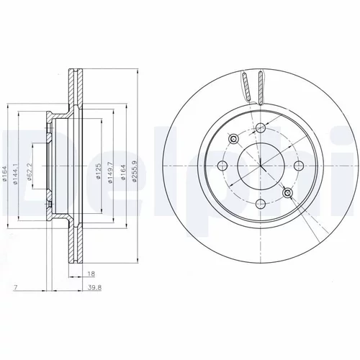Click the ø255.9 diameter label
tap(134, 171)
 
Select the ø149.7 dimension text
tap(110, 173)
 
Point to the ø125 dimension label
tap(98, 171)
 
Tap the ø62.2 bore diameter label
tap(30, 171)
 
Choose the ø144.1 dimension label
tap(16, 174)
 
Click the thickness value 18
tap(91, 274)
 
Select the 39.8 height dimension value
tap(94, 287)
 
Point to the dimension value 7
tap(15, 287)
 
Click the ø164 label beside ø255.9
tap(123, 172)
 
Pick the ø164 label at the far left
tap(4, 173)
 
